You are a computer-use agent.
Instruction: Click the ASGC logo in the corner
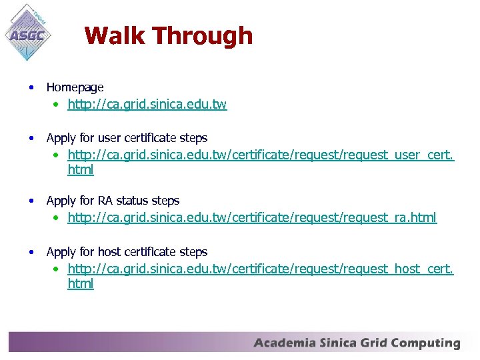[28, 31]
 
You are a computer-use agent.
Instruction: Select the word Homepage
[75, 87]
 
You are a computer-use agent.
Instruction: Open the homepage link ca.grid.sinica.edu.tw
[147, 105]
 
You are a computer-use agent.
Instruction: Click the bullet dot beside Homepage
[31, 87]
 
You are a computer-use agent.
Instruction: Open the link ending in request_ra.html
[252, 217]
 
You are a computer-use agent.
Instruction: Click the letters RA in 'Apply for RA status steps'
[105, 201]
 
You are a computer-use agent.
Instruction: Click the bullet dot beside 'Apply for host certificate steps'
[31, 252]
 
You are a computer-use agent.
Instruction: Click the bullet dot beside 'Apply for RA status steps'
[31, 201]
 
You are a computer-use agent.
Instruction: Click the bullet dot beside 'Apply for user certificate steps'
[31, 138]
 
